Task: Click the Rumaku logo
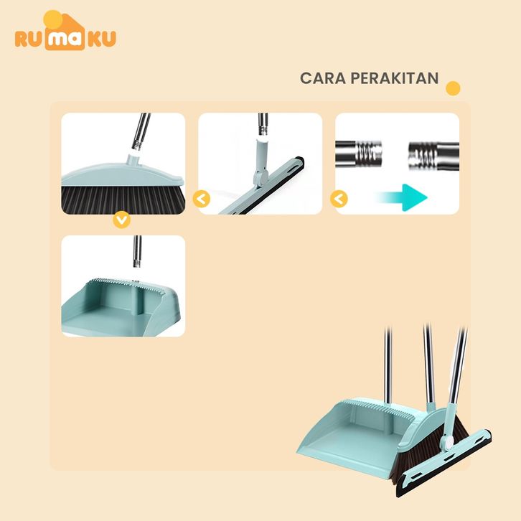coord(65,31)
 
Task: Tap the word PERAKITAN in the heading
coord(395,78)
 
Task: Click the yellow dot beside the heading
coord(453,88)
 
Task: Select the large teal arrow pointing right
coord(402,197)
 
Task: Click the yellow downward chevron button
coord(121,220)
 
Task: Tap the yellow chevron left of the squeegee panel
coord(202,199)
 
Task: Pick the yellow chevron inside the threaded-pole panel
coord(339,199)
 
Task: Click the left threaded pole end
coord(358,154)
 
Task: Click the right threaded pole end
coord(433,156)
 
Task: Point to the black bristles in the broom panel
coord(123,200)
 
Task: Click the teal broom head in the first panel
coord(122,173)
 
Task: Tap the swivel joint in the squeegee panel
coord(261,177)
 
